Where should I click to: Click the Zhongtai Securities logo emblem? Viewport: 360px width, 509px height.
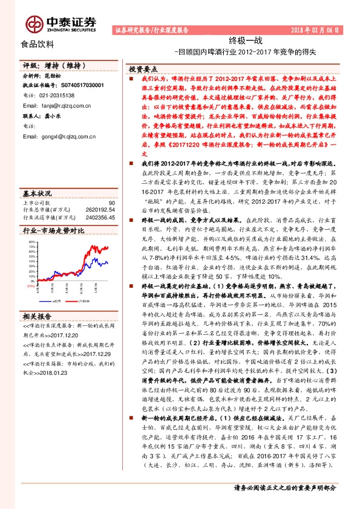(x=34, y=23)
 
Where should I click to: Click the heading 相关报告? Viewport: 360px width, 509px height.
(x=37, y=317)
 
